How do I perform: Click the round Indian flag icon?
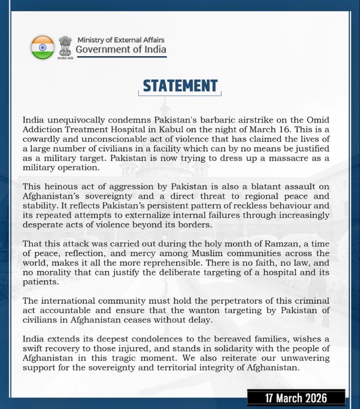click(x=42, y=47)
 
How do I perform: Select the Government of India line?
click(x=121, y=50)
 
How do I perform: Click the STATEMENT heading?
click(x=180, y=86)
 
